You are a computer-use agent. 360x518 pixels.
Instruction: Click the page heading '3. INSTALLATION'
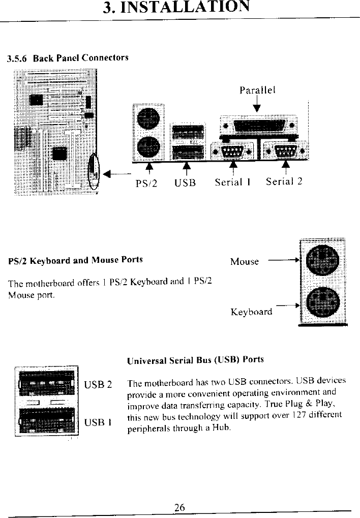click(x=176, y=8)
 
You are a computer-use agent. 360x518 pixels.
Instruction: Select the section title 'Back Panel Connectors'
click(x=80, y=57)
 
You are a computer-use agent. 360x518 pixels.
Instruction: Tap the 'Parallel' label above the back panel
click(x=257, y=90)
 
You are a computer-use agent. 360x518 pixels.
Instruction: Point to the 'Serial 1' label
click(x=233, y=182)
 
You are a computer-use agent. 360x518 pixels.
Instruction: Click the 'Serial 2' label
click(x=284, y=181)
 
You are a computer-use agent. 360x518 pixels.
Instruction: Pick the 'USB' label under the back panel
click(x=185, y=182)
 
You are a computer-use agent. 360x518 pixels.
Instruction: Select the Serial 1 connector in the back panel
click(x=232, y=151)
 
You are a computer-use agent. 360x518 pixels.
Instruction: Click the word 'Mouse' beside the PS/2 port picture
click(x=244, y=262)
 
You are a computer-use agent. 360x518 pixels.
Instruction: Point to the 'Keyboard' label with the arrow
click(x=251, y=312)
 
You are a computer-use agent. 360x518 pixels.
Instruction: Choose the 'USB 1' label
click(x=98, y=422)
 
